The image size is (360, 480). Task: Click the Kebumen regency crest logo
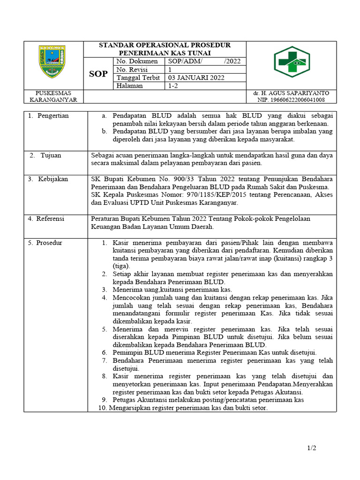tap(52, 61)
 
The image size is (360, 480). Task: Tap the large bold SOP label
tap(98, 74)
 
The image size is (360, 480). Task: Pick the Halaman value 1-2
tap(173, 86)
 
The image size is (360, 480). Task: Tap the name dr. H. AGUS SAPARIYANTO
tap(291, 93)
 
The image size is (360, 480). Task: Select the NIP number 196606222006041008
tap(291, 100)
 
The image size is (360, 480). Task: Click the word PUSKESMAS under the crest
tap(53, 93)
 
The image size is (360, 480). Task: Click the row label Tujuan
tap(54, 155)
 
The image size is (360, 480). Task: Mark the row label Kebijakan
tap(54, 179)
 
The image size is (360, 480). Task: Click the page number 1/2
tap(312, 448)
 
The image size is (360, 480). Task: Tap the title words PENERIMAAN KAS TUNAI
tap(165, 53)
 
